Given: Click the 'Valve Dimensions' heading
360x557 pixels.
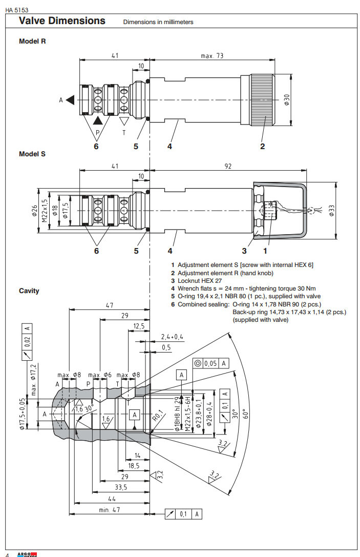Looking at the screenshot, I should pos(62,21).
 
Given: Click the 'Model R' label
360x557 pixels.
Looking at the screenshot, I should pos(32,41).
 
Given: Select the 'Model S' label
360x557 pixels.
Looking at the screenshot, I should pos(32,153).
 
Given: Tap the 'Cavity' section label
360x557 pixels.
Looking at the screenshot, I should pos(29,291).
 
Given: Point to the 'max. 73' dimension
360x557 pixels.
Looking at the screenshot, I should pos(212,55).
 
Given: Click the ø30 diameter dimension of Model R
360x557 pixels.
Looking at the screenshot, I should pos(287,99).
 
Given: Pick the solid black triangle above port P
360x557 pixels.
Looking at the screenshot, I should pos(98,121).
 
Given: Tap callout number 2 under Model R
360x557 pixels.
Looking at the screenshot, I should pos(262,146).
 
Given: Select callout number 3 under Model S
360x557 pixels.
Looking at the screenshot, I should pos(244,251).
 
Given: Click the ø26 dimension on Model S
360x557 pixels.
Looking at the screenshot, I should pos(34,211).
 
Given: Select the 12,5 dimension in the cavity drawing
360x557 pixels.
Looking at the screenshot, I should pos(138,326).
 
